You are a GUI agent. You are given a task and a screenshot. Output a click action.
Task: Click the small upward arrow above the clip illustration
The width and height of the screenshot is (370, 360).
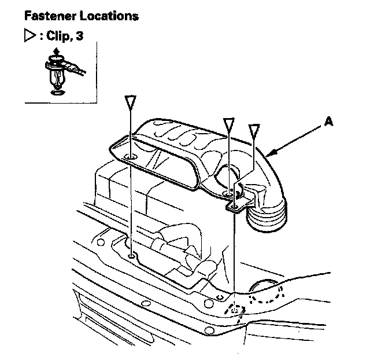pyautogui.click(x=54, y=53)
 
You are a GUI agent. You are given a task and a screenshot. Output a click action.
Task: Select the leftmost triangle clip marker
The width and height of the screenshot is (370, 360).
pyautogui.click(x=131, y=102)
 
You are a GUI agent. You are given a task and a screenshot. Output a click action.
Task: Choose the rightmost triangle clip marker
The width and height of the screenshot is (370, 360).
pyautogui.click(x=253, y=130)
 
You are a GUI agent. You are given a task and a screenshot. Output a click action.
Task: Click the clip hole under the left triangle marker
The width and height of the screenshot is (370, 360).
pyautogui.click(x=131, y=157)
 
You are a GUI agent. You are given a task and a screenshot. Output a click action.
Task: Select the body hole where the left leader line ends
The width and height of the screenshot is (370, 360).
pyautogui.click(x=132, y=255)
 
